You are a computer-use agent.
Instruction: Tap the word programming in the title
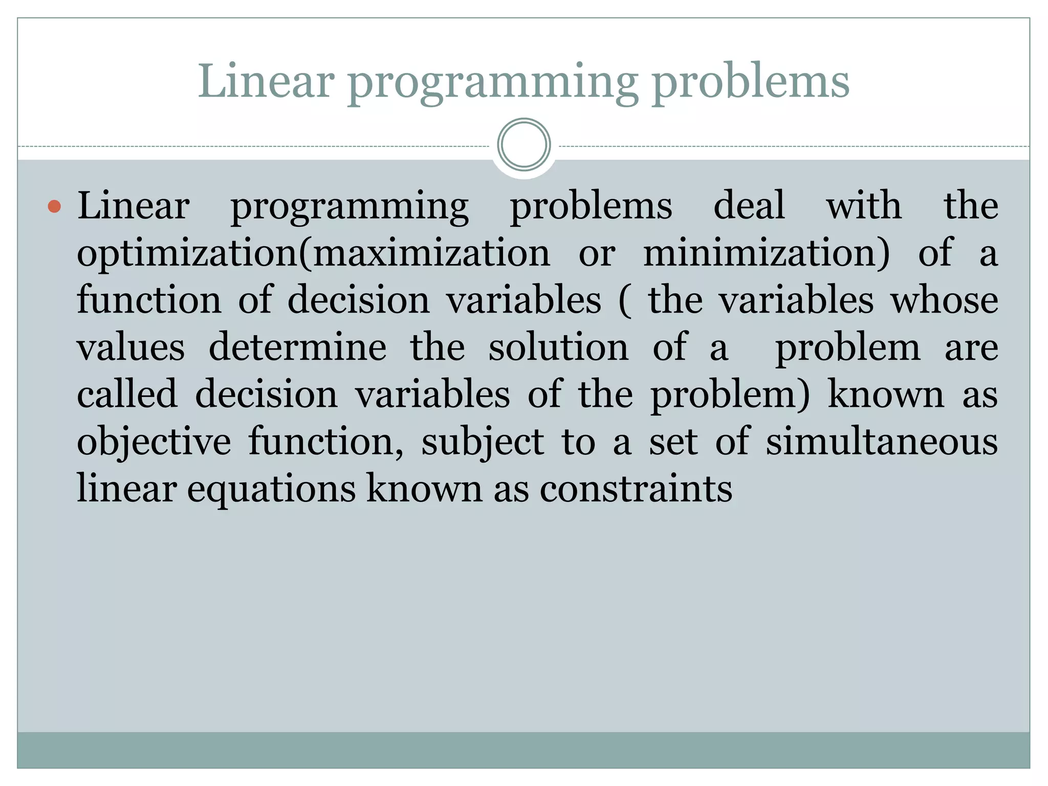(x=492, y=82)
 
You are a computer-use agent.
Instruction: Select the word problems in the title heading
(x=751, y=82)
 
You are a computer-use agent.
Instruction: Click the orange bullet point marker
(x=54, y=207)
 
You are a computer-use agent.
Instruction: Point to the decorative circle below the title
(x=523, y=145)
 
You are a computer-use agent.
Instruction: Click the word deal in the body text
(x=749, y=206)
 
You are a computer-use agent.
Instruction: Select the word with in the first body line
(x=864, y=206)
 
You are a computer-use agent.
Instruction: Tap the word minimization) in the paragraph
(x=767, y=253)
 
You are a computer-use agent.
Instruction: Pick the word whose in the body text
(x=945, y=300)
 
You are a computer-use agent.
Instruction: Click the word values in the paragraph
(x=131, y=347)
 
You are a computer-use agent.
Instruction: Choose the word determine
(x=298, y=347)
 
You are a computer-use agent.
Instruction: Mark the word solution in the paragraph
(x=558, y=347)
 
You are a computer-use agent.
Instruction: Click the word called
(x=127, y=395)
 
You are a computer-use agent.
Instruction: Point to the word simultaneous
(x=881, y=442)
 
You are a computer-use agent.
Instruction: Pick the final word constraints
(x=636, y=489)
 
